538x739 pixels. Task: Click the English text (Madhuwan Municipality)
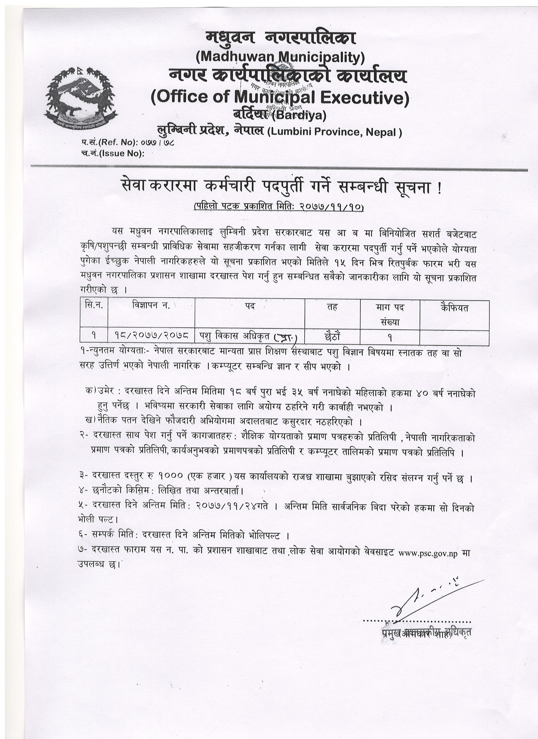pos(280,57)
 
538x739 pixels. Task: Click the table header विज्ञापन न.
pos(151,307)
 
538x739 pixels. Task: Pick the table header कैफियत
pos(454,308)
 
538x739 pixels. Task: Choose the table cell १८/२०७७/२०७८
pos(151,336)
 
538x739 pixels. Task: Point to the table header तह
pos(332,307)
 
